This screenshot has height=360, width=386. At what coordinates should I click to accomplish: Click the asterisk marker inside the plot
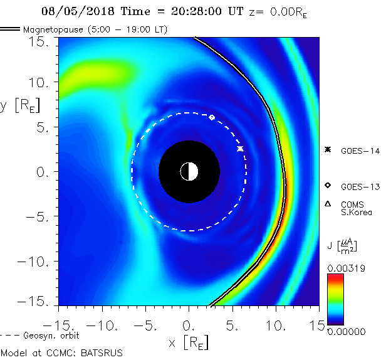click(x=240, y=149)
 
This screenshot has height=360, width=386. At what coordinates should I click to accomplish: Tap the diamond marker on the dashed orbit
click(x=212, y=117)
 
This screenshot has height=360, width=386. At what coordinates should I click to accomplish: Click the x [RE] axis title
click(x=189, y=342)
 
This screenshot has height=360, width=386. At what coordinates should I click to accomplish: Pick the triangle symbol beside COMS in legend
click(x=327, y=204)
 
